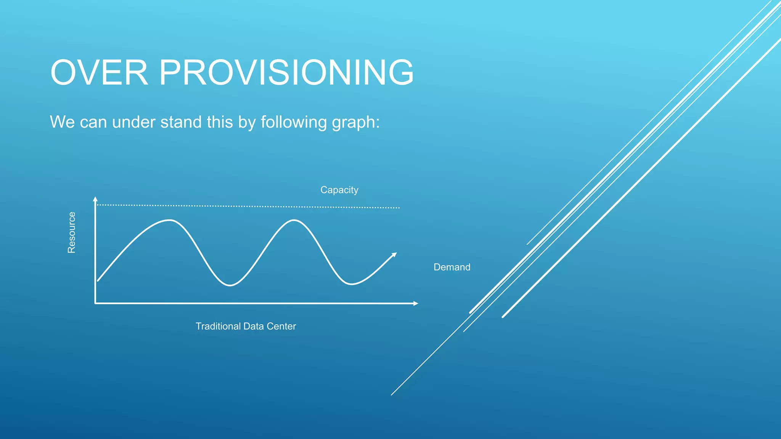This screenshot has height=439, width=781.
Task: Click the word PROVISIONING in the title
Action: point(286,72)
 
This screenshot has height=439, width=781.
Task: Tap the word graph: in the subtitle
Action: point(356,122)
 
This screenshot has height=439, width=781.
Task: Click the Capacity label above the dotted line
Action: point(339,190)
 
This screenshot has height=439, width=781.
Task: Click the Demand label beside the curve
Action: point(452,267)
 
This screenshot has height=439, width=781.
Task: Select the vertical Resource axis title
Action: point(71,232)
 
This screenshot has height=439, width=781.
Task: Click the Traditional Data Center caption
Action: point(246,326)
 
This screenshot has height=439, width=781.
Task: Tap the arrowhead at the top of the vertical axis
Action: point(95,199)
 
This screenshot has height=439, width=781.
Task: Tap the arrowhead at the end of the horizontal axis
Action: point(416,303)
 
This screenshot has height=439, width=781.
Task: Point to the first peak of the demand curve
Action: point(169,220)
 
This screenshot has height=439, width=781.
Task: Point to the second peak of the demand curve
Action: point(294,220)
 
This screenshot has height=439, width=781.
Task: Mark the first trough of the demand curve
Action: point(230,285)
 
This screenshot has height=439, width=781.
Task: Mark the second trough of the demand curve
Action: point(351,284)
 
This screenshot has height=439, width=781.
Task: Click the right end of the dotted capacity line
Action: point(399,208)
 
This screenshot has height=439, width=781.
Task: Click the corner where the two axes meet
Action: point(95,303)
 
